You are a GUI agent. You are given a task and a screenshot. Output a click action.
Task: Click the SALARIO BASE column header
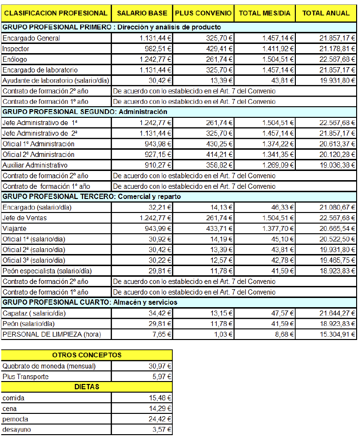[142, 13]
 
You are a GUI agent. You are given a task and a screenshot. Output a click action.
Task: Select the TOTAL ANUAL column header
[326, 13]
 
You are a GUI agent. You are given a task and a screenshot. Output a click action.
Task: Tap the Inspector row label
[16, 48]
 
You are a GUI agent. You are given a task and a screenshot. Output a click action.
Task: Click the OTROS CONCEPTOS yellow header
[87, 355]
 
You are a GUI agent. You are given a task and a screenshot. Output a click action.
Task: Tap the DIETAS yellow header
[87, 387]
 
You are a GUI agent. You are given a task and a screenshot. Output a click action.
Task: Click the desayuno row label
[14, 429]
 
